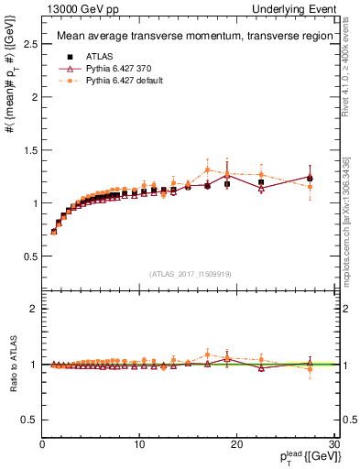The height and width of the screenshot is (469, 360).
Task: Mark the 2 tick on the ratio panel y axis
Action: (x=36, y=309)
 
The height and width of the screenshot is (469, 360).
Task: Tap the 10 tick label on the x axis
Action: (x=138, y=444)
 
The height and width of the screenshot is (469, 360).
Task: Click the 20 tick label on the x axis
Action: (x=236, y=444)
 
